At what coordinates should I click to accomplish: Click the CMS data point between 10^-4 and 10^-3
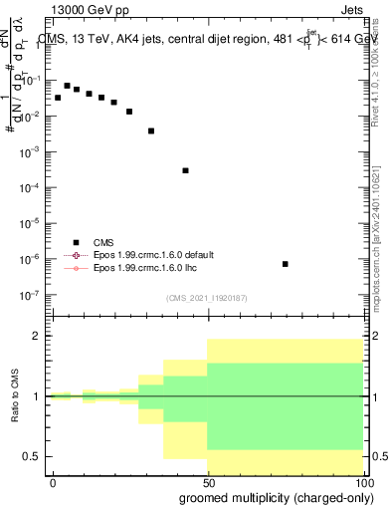(185, 170)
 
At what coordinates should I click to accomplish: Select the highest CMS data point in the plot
(67, 86)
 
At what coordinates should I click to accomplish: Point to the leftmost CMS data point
(58, 98)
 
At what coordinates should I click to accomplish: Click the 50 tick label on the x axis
(207, 482)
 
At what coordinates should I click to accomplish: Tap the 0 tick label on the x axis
(53, 482)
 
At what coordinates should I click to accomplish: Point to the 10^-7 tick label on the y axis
(33, 295)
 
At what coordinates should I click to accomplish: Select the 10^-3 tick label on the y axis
(33, 152)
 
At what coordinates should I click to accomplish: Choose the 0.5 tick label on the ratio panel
(35, 456)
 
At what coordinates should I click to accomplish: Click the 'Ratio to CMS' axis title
(16, 397)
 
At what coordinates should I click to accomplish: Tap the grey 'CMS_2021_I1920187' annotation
(206, 297)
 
